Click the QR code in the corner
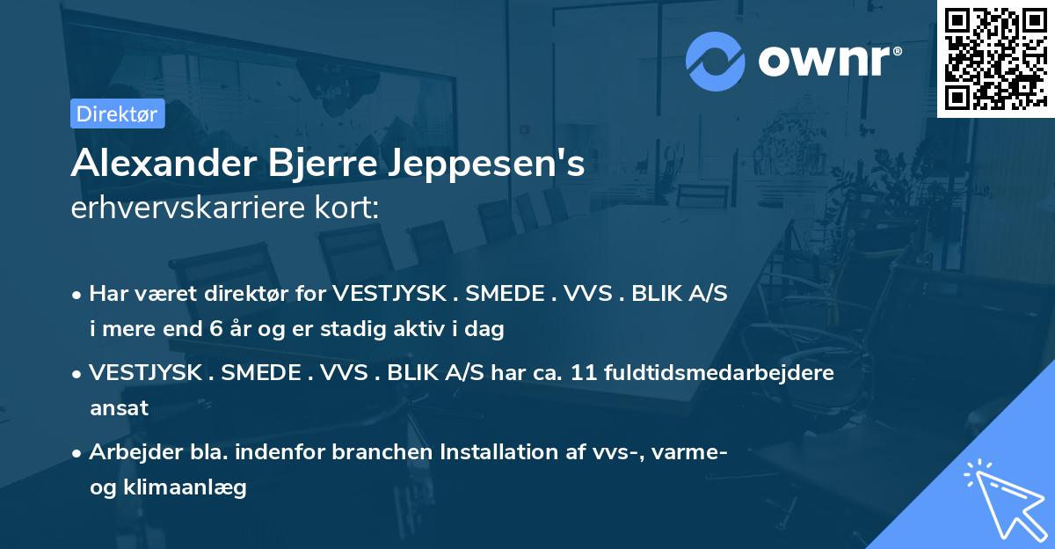click(x=995, y=58)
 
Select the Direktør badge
click(x=118, y=113)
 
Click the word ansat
click(x=119, y=408)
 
